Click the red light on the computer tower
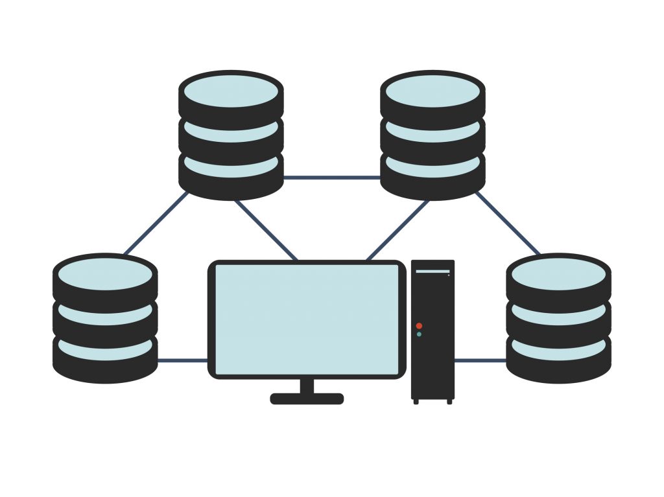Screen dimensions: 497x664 pos(419,325)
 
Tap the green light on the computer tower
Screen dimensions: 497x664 pos(419,334)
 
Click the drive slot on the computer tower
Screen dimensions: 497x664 pos(433,272)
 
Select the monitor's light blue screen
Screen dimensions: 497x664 pos(306,319)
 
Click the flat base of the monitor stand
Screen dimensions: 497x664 pos(307,399)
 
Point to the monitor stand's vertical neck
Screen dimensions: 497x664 pos(307,385)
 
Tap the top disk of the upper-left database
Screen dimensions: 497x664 pos(231,91)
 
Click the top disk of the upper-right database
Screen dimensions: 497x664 pos(433,91)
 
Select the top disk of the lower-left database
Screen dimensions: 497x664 pos(105,275)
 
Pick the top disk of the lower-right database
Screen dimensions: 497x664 pos(558,275)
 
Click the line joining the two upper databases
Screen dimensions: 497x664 pos(331,177)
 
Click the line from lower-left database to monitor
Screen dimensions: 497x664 pos(182,360)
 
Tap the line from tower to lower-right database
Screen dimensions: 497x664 pos(480,360)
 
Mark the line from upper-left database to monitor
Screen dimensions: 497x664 pos(266,230)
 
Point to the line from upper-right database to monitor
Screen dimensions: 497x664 pos(397,230)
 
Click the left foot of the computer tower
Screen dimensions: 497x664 pos(416,402)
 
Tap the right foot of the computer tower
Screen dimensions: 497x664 pos(449,402)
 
